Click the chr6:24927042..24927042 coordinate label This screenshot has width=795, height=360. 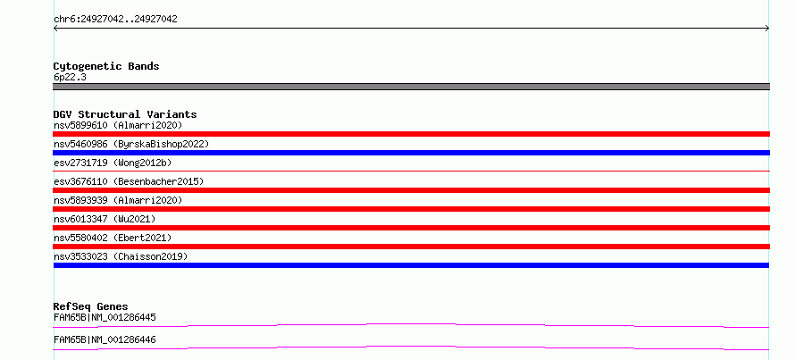pos(115,20)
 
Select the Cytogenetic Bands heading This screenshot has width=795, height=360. pos(106,66)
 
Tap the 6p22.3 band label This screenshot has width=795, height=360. pos(70,78)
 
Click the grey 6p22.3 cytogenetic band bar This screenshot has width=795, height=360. pos(411,87)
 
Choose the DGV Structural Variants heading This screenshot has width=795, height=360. pos(125,114)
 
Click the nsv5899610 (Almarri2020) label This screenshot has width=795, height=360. pos(118,125)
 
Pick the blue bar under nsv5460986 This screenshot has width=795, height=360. pos(411,153)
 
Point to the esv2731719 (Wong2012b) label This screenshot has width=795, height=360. pos(113,163)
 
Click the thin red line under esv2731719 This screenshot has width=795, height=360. pos(411,171)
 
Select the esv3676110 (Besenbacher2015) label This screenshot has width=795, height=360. pos(129,181)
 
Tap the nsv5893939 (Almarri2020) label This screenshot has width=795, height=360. pos(118,200)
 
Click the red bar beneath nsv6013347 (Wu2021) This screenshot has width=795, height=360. pos(411,228)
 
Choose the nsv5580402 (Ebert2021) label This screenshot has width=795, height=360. pos(113,238)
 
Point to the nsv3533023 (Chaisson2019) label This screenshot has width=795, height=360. pos(121,256)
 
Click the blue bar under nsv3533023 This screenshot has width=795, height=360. pos(411,265)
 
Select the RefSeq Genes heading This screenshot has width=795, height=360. pos(91,306)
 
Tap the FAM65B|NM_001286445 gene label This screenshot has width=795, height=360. pos(105,318)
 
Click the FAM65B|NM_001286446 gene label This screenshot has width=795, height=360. pos(105,340)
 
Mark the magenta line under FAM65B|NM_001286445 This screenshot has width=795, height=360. pos(411,325)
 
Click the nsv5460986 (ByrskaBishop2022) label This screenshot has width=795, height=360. pos(131,144)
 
